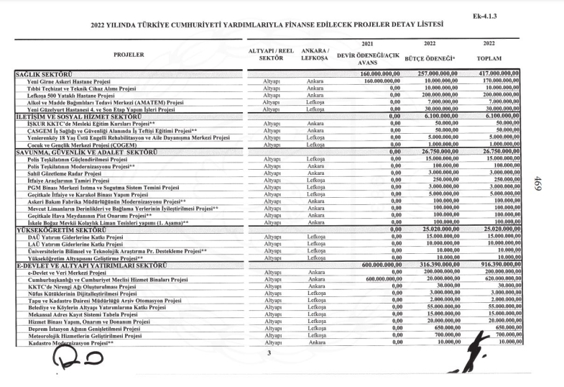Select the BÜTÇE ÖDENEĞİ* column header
click(x=431, y=57)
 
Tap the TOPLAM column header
click(x=496, y=57)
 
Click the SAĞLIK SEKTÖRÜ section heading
click(x=46, y=74)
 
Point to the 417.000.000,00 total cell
click(x=496, y=74)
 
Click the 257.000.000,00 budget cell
click(x=432, y=74)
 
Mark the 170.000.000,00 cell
click(x=496, y=81)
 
